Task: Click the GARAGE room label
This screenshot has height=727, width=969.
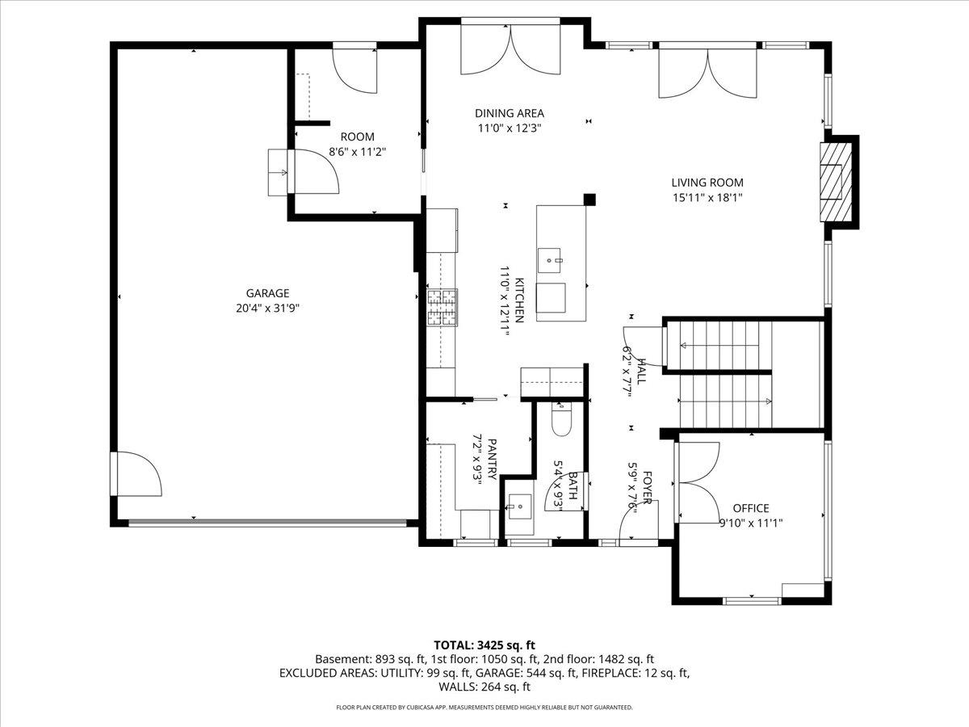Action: point(267,293)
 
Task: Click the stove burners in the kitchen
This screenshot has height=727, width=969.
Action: point(442,308)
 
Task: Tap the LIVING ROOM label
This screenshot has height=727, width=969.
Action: point(707,183)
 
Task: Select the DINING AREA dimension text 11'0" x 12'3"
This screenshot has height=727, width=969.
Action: point(509,128)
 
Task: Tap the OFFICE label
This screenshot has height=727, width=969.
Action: point(750,508)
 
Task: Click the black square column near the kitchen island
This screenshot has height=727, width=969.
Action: point(589,199)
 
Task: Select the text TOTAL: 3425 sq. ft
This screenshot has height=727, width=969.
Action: point(484,645)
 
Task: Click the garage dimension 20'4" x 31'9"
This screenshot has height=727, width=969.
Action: point(267,308)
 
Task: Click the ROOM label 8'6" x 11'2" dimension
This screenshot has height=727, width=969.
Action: point(357,151)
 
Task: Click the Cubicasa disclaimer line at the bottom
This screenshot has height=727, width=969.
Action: point(484,708)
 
